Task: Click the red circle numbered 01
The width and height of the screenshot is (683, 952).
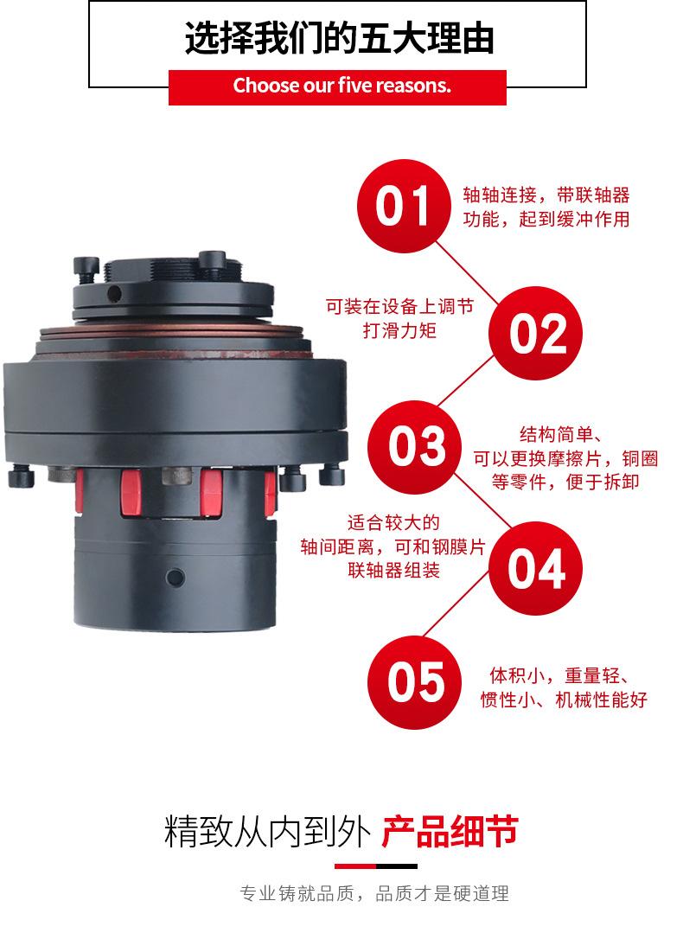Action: tap(404, 206)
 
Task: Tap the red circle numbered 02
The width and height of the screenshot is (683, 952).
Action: tap(535, 333)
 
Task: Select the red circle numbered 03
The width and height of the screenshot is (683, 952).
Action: tap(415, 446)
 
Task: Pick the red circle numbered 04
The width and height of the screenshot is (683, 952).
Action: tap(535, 568)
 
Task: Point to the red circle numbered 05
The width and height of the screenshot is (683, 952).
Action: tap(415, 682)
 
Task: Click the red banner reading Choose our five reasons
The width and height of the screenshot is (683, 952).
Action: tap(337, 87)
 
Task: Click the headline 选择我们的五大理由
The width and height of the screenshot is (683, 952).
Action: tap(339, 38)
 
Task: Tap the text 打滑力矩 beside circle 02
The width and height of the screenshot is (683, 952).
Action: tap(399, 330)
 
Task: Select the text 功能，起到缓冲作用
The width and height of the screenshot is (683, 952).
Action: tap(546, 219)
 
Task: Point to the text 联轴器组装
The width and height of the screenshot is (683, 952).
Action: tap(393, 570)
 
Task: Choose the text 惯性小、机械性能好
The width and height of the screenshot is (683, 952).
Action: tap(564, 700)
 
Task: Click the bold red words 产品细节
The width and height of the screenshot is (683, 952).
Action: tap(450, 831)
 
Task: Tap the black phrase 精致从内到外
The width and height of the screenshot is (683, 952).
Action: tap(267, 831)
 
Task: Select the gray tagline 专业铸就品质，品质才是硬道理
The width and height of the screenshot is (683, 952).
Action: tap(374, 893)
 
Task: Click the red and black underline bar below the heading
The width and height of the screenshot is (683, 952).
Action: tap(376, 866)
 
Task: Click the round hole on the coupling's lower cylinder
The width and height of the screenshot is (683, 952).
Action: tap(175, 577)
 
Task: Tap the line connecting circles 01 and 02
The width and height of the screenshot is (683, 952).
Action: tap(468, 272)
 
